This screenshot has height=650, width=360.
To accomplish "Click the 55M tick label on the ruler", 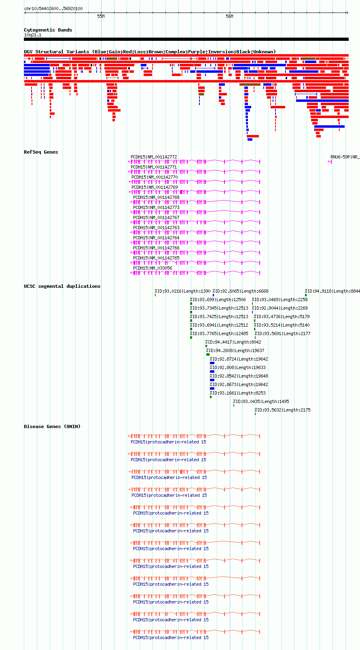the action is tap(101, 17).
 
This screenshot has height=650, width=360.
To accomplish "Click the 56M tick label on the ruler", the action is tap(229, 17).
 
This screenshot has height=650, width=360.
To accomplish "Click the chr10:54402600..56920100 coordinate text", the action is tap(53, 9).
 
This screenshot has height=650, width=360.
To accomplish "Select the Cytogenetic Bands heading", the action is tap(48, 30).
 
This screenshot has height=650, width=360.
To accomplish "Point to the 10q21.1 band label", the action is tap(33, 35).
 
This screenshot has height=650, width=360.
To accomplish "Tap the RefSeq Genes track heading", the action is tap(41, 152).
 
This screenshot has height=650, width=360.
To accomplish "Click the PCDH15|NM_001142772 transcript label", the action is tap(154, 157).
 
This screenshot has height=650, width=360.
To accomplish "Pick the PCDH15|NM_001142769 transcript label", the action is tap(155, 188).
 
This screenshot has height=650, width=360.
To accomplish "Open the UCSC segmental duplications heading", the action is tap(62, 286).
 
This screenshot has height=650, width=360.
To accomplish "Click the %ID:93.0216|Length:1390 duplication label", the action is tap(182, 291).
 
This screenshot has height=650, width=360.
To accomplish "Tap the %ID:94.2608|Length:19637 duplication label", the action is tap(235, 350).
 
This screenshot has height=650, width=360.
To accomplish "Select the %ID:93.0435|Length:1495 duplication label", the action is tap(261, 402).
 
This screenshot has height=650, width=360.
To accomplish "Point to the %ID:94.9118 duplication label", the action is tap(332, 291).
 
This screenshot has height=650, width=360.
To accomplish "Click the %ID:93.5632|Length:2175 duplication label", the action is tap(282, 410).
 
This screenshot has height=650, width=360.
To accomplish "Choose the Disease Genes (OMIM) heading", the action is tap(52, 426).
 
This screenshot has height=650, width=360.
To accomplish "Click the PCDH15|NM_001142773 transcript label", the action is tap(156, 207).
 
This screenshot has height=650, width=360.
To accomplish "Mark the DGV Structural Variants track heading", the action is tap(150, 52).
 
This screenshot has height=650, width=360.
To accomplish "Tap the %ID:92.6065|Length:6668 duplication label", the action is tap(240, 291).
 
